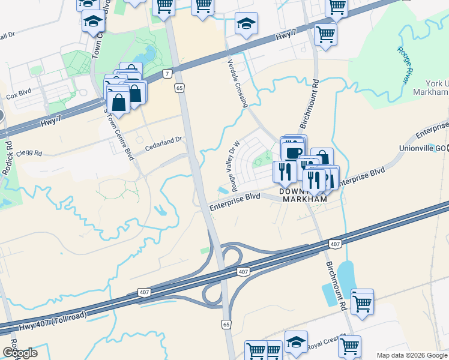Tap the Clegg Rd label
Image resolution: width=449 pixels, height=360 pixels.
coord(30,154)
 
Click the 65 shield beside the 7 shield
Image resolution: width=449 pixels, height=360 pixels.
coord(179,88)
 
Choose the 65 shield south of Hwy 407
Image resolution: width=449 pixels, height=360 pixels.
coord(226,324)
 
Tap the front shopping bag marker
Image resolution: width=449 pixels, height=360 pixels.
coord(119,100)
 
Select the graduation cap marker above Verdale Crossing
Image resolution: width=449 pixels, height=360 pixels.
coord(246,24)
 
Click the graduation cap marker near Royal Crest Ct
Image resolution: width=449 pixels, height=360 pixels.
coord(295,342)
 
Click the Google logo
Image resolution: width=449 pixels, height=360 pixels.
coord(20,353)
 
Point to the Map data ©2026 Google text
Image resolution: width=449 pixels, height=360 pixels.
coord(411,355)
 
